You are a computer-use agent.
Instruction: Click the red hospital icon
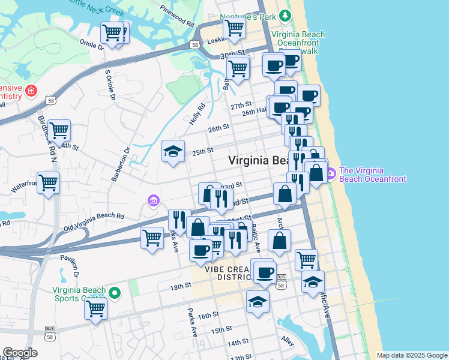[31, 92]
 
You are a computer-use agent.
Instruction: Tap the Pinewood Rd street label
[178, 17]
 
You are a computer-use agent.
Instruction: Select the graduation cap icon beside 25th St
[173, 152]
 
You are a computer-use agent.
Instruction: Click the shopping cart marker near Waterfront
[49, 182]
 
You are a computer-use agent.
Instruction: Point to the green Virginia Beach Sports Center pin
[115, 293]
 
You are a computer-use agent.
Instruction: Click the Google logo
[20, 353]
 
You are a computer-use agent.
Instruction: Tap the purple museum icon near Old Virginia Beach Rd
[154, 200]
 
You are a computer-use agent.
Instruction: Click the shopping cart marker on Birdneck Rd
[59, 130]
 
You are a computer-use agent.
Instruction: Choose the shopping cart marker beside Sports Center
[95, 310]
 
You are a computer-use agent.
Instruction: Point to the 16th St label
[207, 315]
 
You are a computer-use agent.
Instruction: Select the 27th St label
[240, 106]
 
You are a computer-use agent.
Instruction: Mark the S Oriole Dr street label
[109, 85]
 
